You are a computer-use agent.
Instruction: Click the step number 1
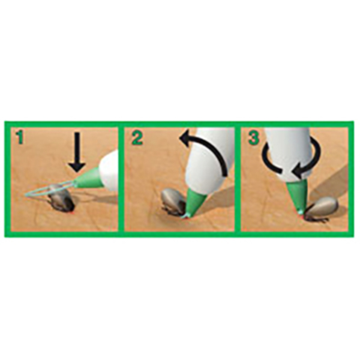20,137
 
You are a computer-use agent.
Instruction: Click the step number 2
137,137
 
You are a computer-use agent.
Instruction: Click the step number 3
254,137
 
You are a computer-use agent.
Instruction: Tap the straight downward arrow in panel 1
77,152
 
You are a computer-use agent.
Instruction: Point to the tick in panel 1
61,199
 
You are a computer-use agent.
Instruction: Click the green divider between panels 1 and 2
121,179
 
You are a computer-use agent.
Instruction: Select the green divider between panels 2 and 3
238,179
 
